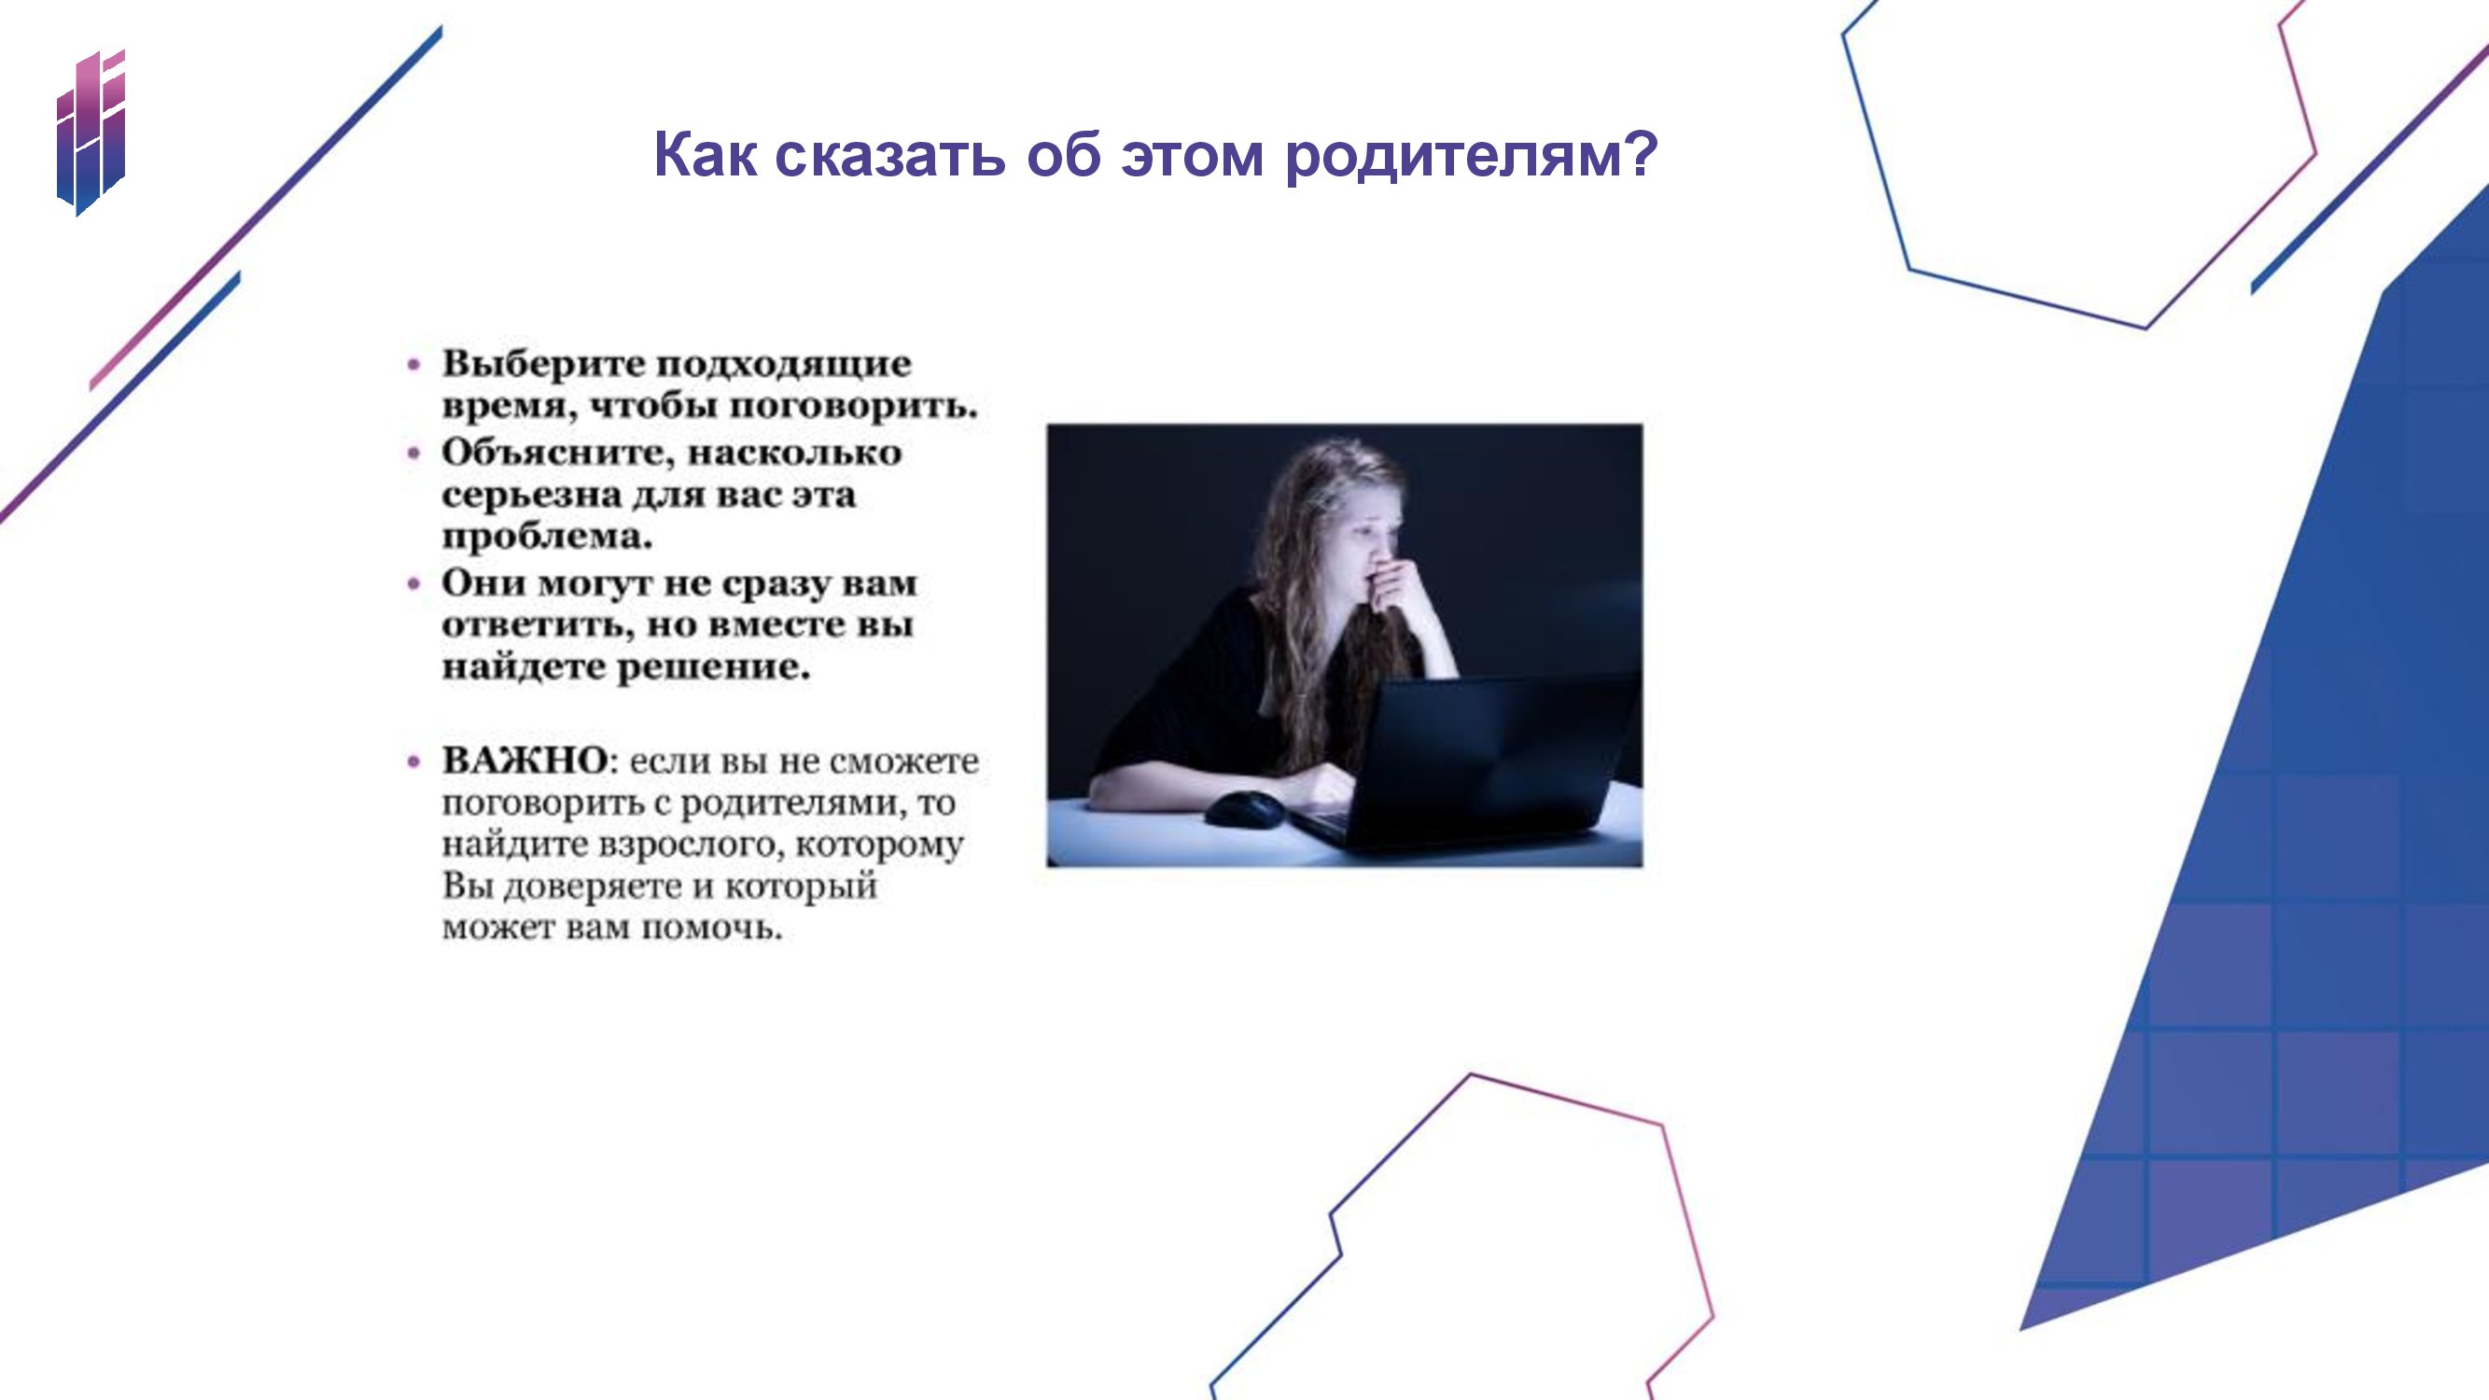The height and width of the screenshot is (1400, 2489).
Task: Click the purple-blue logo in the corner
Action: (x=91, y=133)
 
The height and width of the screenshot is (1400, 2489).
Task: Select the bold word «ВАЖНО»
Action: (x=524, y=761)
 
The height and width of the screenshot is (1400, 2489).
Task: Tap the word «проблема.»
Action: (x=547, y=539)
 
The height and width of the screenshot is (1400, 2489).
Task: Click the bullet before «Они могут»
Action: (x=414, y=584)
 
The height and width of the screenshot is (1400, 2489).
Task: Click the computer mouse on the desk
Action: (x=1245, y=809)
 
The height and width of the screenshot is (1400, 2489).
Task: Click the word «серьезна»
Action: (x=532, y=496)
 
